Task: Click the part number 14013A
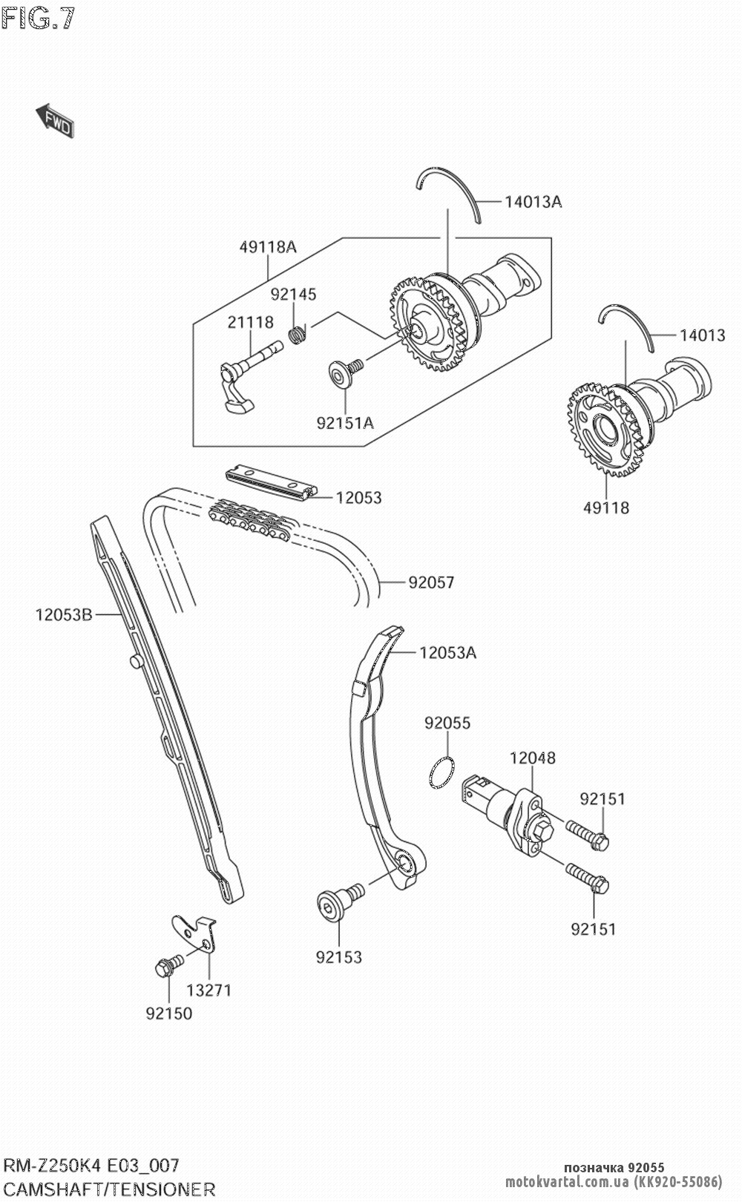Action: [533, 201]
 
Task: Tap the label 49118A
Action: [267, 247]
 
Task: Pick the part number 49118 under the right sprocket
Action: [605, 508]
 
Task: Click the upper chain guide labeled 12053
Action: [271, 482]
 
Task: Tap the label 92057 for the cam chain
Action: [430, 582]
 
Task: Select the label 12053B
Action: [63, 614]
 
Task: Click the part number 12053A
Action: [447, 653]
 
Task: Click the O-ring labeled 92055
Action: [442, 773]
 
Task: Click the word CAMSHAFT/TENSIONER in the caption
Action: [109, 1189]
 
